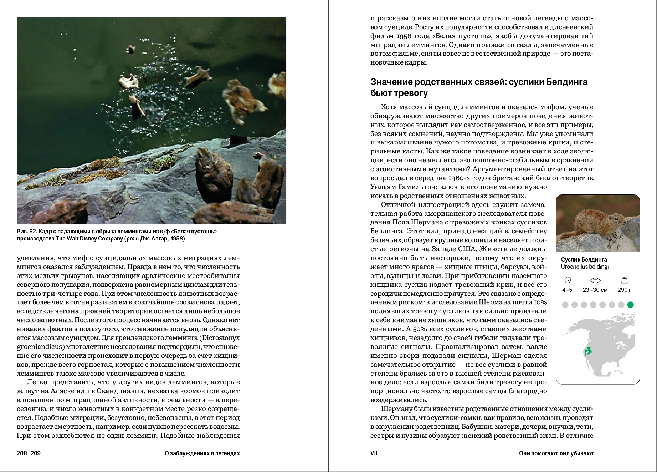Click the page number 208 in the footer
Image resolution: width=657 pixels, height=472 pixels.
(22, 453)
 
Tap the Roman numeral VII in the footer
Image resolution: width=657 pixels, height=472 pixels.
(374, 453)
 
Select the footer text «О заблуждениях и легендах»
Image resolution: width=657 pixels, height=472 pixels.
(202, 453)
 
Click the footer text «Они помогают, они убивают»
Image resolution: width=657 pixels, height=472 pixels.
(556, 453)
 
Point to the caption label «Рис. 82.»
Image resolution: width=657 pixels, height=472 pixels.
(27, 232)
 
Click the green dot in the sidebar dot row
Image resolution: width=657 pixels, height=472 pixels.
(630, 305)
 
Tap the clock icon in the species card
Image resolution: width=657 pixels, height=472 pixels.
(568, 280)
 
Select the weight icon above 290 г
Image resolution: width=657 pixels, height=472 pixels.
(624, 280)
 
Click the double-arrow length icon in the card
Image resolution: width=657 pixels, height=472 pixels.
(595, 280)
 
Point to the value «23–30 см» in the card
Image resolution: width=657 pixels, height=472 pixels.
(595, 290)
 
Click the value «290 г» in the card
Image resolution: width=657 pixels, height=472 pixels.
(624, 290)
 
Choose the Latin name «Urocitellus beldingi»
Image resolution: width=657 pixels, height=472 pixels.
(585, 267)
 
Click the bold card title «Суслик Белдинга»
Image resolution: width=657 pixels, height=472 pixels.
(584, 259)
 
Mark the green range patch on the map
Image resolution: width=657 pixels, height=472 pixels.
(588, 351)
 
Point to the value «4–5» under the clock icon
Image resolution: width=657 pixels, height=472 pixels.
(567, 290)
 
